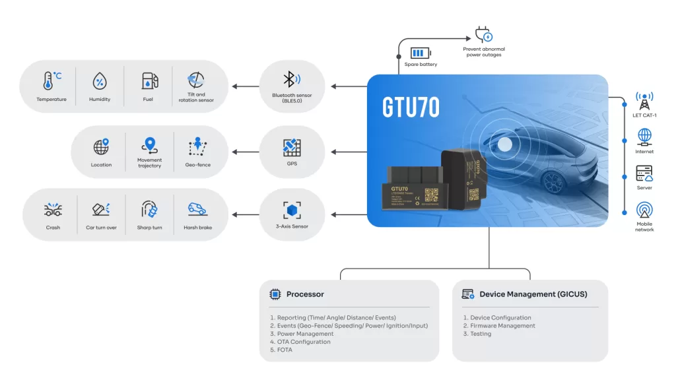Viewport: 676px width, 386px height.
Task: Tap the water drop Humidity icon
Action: [x=100, y=81]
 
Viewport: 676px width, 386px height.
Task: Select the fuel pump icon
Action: [x=149, y=81]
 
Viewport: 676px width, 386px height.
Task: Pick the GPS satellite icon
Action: [x=292, y=146]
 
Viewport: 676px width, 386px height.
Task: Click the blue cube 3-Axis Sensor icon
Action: [x=292, y=210]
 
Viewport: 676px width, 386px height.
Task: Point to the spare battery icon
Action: [x=420, y=53]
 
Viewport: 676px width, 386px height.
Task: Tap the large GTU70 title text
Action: [x=411, y=108]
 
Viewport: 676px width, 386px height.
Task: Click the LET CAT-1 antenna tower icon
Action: [x=644, y=101]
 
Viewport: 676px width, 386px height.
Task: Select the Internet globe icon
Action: [x=644, y=137]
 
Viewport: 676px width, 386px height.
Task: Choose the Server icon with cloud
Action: [x=644, y=174]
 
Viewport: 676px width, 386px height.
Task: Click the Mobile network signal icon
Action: [x=644, y=210]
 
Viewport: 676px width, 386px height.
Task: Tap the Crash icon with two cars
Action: [x=53, y=210]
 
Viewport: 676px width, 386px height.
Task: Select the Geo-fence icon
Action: [x=197, y=146]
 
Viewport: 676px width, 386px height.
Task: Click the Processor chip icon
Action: [x=275, y=294]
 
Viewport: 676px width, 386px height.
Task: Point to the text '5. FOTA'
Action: [x=281, y=350]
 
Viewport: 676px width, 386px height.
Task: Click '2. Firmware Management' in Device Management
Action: [x=499, y=326]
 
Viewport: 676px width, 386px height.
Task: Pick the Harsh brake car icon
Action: [x=197, y=209]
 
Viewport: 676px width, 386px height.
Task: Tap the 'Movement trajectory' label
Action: [x=150, y=162]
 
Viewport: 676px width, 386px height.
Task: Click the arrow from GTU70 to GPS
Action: [x=347, y=152]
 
